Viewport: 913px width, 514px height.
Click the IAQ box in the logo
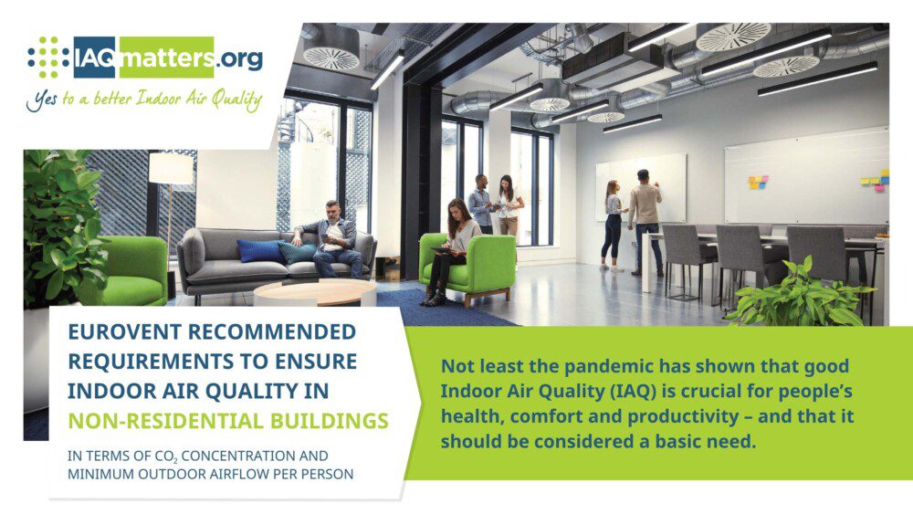[94, 58]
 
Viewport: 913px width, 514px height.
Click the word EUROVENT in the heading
[124, 331]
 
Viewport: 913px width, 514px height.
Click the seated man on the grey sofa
[332, 238]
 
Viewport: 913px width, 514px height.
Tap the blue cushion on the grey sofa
[259, 251]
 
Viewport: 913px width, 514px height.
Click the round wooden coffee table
[315, 291]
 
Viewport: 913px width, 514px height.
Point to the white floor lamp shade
[171, 168]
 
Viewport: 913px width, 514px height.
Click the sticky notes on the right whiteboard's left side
[758, 183]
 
